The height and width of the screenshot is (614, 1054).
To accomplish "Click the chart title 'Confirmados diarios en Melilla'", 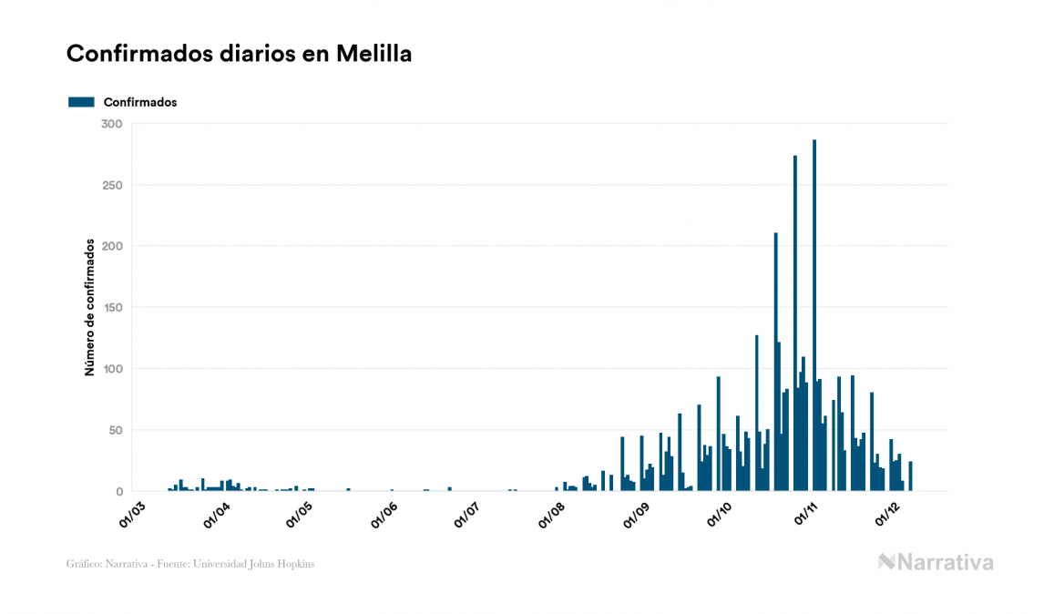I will [239, 54].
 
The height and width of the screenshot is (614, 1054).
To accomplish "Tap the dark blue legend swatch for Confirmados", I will [81, 102].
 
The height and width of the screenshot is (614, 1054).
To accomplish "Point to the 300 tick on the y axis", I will [112, 124].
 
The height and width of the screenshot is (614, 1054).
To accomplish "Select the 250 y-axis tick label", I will [112, 185].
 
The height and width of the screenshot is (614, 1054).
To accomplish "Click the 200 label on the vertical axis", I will [112, 246].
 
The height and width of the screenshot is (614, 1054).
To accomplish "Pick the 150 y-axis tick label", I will [112, 308].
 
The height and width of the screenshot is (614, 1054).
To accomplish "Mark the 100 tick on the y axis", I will [112, 369].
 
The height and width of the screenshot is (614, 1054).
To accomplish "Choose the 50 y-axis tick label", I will [115, 430].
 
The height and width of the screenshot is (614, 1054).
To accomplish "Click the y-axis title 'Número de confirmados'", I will [89, 307].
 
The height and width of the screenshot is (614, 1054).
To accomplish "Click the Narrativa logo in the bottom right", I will [936, 562].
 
